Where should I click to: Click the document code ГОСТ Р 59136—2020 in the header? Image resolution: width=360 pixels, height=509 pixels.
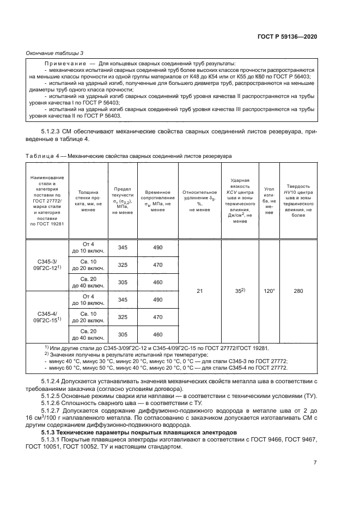tap(288, 36)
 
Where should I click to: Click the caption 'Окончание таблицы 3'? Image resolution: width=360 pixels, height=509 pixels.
tap(55, 53)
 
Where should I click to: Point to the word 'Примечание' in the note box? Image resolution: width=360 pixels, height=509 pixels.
tap(62, 64)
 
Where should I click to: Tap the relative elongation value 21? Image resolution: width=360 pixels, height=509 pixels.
tap(199, 291)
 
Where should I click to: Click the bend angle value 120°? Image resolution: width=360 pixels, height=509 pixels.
tap(269, 291)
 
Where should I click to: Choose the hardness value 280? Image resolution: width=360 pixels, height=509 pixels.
tap(298, 291)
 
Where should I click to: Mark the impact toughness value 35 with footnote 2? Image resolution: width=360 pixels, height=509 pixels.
tap(240, 291)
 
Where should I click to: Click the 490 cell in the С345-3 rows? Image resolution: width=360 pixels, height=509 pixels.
tap(157, 248)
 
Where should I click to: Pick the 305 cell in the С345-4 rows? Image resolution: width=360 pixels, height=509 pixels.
tap(123, 334)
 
